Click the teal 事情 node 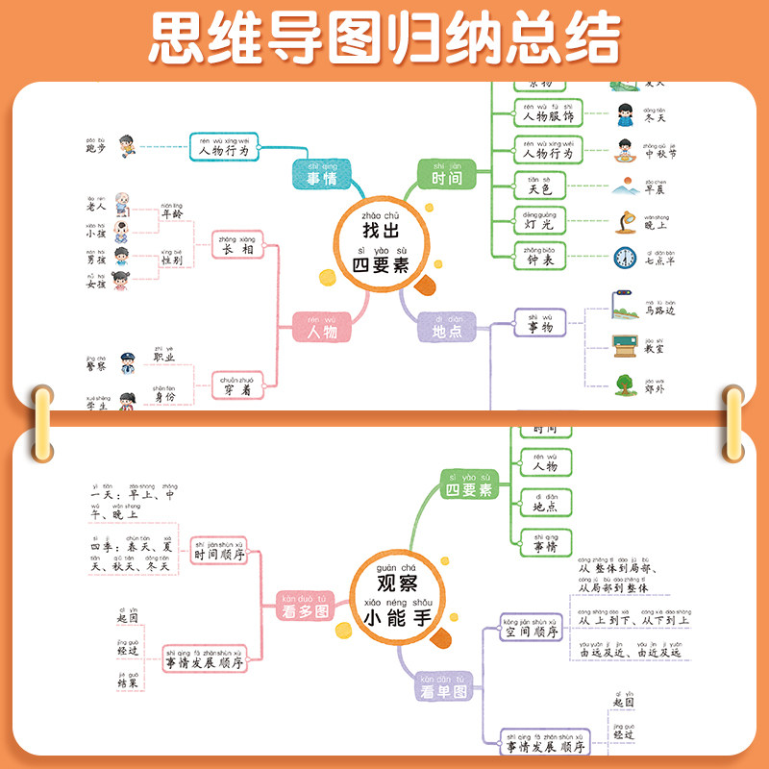pos(321,177)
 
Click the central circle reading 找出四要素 pos(385,240)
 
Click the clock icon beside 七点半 pos(626,258)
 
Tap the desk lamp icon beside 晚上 pos(626,220)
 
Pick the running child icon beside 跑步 pos(127,147)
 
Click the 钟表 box pos(540,255)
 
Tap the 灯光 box pos(540,219)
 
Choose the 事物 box pos(540,324)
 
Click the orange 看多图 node pos(304,603)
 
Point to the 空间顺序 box pos(533,628)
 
